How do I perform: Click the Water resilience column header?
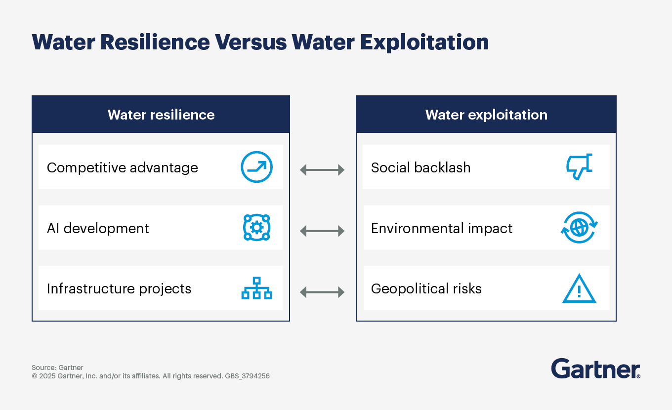[161, 115]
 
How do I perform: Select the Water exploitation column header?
[486, 115]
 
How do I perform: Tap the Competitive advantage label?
[122, 167]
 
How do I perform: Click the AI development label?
[98, 228]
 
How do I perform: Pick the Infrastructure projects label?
[119, 288]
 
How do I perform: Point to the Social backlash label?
[420, 167]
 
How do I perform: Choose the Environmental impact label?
[442, 228]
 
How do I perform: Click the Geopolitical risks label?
[426, 288]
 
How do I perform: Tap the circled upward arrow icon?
[256, 167]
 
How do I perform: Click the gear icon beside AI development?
[256, 228]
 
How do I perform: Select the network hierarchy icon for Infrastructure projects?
[256, 288]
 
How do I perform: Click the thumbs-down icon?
[579, 167]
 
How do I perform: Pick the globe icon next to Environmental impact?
[579, 228]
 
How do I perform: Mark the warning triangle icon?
[579, 288]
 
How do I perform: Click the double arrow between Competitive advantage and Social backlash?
[322, 170]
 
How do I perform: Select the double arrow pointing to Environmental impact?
[322, 231]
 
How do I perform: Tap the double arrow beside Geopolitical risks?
[322, 292]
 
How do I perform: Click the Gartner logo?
[595, 369]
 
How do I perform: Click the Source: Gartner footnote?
[57, 368]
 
